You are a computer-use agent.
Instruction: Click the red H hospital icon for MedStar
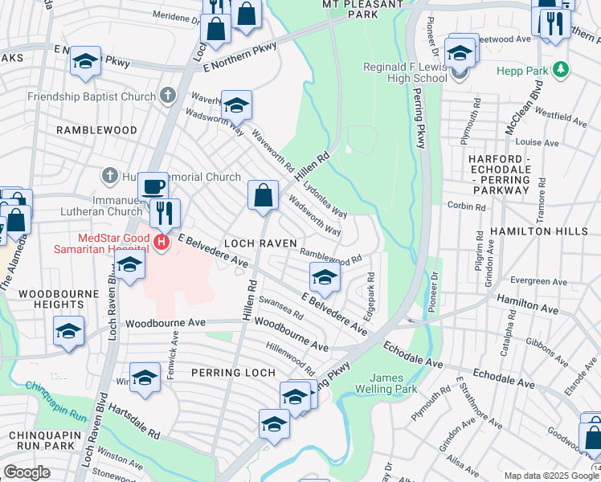click(162, 241)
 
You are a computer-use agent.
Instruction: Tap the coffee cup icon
click(153, 186)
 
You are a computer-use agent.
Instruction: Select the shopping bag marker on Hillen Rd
click(263, 195)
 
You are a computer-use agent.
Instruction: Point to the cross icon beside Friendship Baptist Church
click(167, 96)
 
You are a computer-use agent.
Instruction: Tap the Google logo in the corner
click(26, 472)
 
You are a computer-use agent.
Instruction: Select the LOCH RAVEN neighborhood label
click(260, 243)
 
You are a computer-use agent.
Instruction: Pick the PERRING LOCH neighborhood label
click(234, 373)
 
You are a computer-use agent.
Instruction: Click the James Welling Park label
click(394, 383)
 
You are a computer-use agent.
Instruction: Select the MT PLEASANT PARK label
click(350, 9)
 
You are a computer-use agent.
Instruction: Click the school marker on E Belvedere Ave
click(324, 278)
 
